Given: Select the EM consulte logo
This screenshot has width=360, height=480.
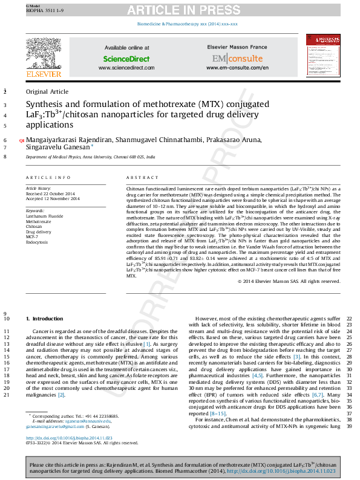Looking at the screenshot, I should point(237,59).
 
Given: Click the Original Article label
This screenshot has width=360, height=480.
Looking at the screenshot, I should point(47,91).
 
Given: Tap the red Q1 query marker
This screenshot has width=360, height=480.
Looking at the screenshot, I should point(22,140).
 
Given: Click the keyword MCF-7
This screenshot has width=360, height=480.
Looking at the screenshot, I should point(33,236).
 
